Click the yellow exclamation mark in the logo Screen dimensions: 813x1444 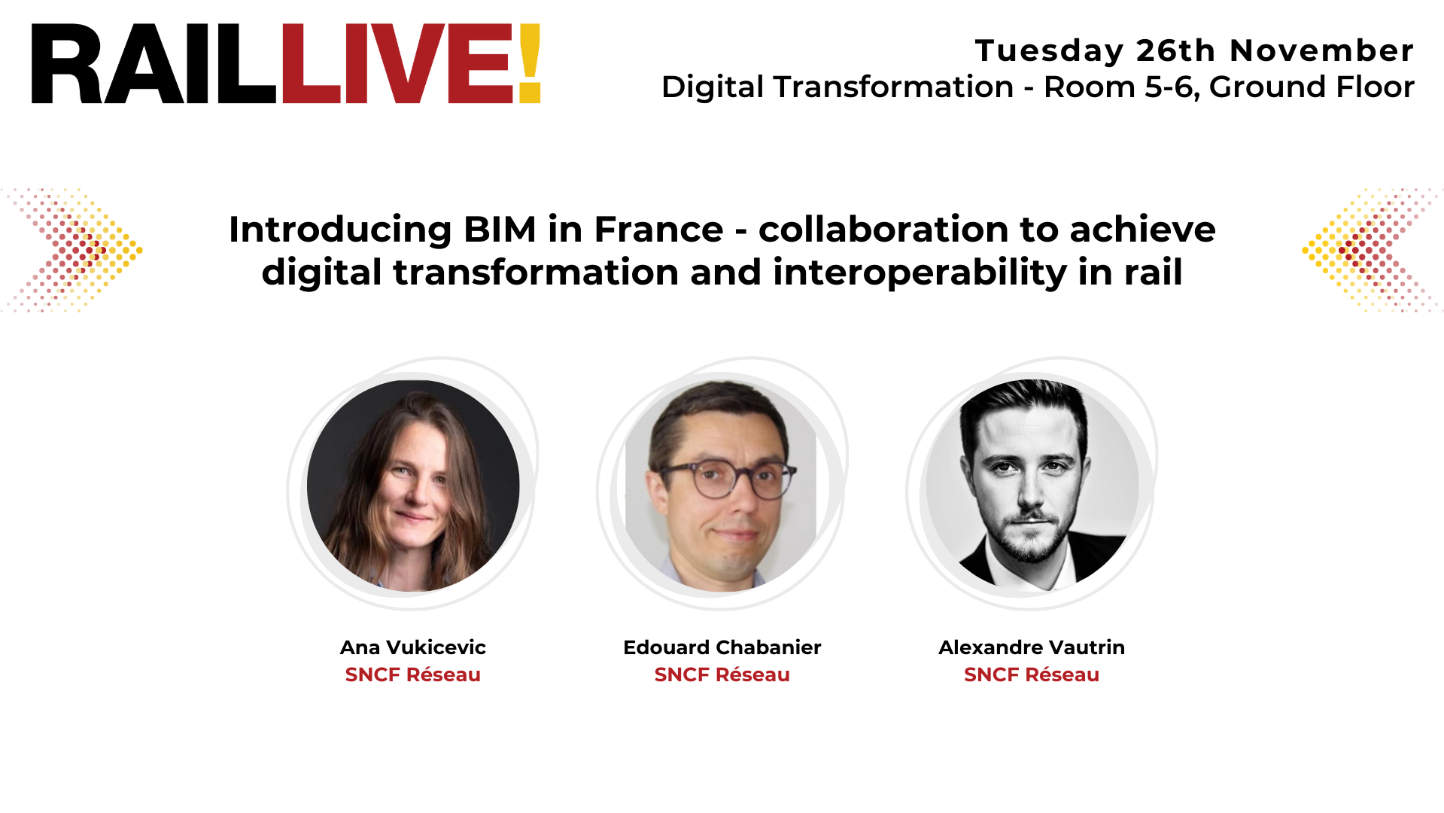click(x=529, y=63)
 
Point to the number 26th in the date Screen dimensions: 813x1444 click(x=1175, y=51)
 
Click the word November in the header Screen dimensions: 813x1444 click(x=1321, y=51)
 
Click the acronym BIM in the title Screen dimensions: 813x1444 click(x=500, y=230)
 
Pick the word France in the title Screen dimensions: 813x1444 click(x=658, y=230)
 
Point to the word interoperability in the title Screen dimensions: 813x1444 click(x=919, y=273)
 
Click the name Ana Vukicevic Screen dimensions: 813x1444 click(x=412, y=647)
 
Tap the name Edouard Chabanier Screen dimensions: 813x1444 click(x=722, y=647)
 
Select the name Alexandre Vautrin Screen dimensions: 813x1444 click(x=1031, y=647)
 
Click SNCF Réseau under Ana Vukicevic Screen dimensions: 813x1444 click(x=412, y=675)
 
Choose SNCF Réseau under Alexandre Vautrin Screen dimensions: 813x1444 click(x=1031, y=675)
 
